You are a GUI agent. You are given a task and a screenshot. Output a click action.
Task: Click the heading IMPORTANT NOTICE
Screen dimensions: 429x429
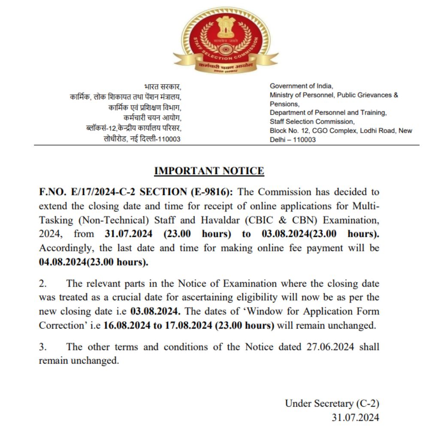point(209,171)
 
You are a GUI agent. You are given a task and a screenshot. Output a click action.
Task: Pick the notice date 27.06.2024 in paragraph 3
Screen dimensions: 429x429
point(331,347)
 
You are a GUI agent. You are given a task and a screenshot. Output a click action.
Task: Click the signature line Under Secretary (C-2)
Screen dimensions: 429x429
point(332,403)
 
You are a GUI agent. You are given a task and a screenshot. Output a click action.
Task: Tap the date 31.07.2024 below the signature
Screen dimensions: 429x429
point(355,417)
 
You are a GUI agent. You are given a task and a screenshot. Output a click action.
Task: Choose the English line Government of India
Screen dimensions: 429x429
point(301,86)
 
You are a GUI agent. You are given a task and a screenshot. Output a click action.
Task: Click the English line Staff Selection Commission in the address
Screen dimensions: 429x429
point(311,121)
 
